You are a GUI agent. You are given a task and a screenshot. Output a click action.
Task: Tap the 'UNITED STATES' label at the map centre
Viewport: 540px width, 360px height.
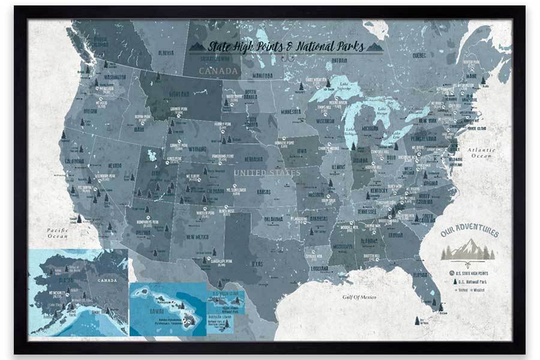coord(266,173)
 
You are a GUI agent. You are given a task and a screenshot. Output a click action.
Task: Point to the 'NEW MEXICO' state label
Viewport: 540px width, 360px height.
coord(197,237)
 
